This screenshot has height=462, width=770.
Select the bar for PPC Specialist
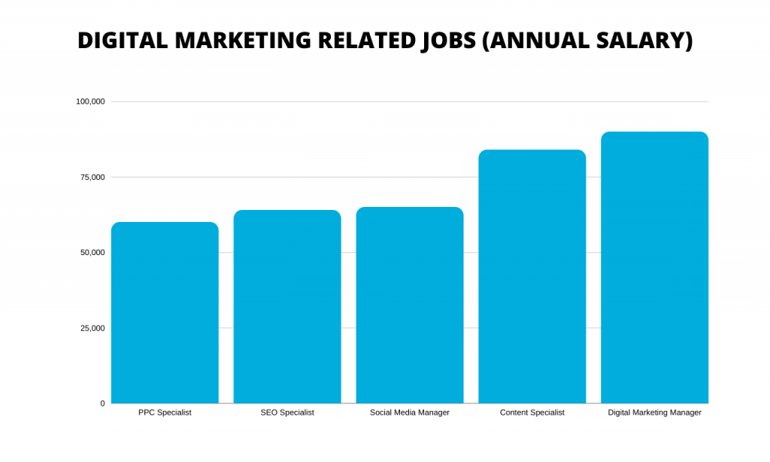[165, 313]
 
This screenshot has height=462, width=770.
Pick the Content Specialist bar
[532, 277]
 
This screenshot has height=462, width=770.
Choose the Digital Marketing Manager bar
[654, 268]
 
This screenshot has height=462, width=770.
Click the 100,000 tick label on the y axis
[90, 102]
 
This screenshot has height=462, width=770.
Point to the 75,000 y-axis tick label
[92, 177]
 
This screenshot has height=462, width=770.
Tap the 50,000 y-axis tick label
[92, 253]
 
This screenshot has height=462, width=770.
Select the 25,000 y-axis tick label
[92, 328]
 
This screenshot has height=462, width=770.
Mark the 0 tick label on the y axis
[102, 403]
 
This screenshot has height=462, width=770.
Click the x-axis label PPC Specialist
[165, 413]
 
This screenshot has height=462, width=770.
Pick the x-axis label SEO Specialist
[287, 413]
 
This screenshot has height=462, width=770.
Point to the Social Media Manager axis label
[410, 413]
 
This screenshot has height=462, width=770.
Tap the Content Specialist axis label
[532, 413]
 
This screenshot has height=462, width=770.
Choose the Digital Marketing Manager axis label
[654, 413]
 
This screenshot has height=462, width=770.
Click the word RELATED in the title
[364, 41]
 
